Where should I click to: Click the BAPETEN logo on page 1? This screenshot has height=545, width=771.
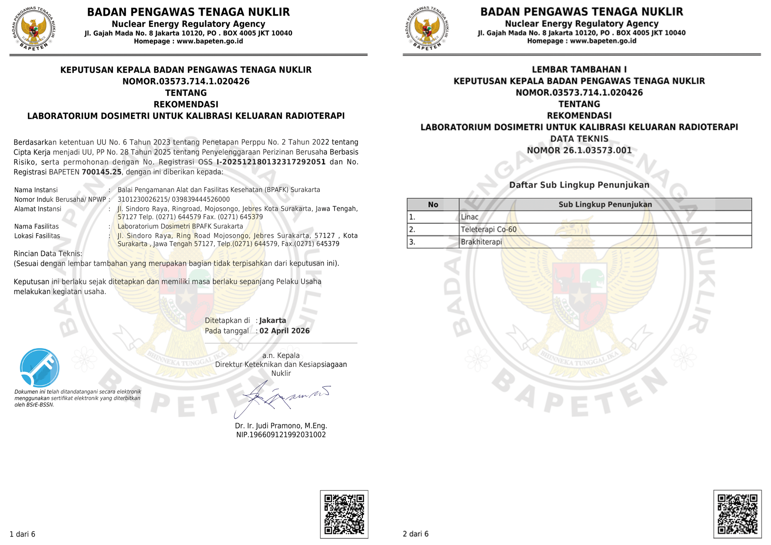coord(34,29)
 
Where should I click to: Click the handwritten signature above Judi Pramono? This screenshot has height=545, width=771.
coord(282,398)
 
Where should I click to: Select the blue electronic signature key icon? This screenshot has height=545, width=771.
coord(40,368)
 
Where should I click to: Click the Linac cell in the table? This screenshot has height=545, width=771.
coord(470,217)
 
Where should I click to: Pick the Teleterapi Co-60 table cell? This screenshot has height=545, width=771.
coord(488,229)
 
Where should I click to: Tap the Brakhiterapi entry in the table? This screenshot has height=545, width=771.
coord(481,242)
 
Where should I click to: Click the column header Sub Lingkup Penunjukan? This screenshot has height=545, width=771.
coord(605,204)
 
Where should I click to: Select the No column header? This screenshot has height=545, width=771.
coord(433,204)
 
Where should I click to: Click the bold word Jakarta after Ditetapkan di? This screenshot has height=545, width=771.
coord(272,320)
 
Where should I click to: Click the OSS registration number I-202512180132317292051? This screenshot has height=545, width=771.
coord(271,162)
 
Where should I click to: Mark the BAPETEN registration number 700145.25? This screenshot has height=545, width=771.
coord(101,172)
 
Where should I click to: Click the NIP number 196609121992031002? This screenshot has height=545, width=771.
coord(281,434)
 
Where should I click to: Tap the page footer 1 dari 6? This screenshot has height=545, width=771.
coord(22,534)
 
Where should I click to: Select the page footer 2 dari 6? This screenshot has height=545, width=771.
coord(415,534)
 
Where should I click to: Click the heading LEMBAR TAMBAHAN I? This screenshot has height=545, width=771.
coord(579,70)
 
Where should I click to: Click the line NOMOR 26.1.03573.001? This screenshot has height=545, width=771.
coord(579,150)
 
